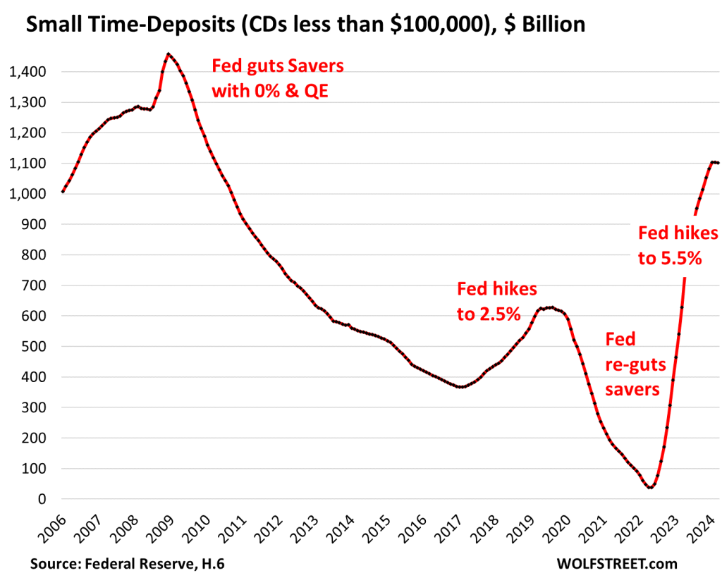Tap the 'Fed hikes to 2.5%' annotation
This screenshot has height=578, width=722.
497,301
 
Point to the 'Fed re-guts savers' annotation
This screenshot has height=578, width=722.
632,363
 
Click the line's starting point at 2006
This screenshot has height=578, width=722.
63,192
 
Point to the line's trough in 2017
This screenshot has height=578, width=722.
461,387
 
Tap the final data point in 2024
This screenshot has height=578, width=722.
718,163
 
